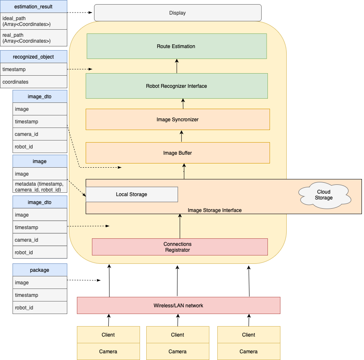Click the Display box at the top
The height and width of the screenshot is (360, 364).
(177, 13)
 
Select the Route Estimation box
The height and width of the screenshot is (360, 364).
(176, 46)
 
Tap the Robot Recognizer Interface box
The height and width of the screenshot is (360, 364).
(176, 86)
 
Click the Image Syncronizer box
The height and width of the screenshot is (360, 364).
(177, 120)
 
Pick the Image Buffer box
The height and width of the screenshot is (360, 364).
(177, 153)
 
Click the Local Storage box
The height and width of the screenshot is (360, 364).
(132, 194)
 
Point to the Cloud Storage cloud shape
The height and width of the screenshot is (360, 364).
(323, 195)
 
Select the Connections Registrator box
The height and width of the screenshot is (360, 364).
(179, 247)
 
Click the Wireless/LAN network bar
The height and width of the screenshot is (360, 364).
(178, 306)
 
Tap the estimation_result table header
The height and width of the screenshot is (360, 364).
(33, 6)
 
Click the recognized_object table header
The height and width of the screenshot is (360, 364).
(33, 57)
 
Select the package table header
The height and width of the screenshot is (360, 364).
(40, 270)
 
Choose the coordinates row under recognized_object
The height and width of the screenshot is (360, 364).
(33, 82)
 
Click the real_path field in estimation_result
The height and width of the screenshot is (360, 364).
(33, 38)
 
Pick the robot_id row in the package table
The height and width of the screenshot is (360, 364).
(40, 308)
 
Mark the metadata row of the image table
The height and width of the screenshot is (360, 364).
(40, 186)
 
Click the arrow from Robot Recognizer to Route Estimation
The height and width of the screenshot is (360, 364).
(177, 66)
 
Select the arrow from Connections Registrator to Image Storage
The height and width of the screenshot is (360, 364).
(180, 226)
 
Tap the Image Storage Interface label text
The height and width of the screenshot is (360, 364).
(214, 210)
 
